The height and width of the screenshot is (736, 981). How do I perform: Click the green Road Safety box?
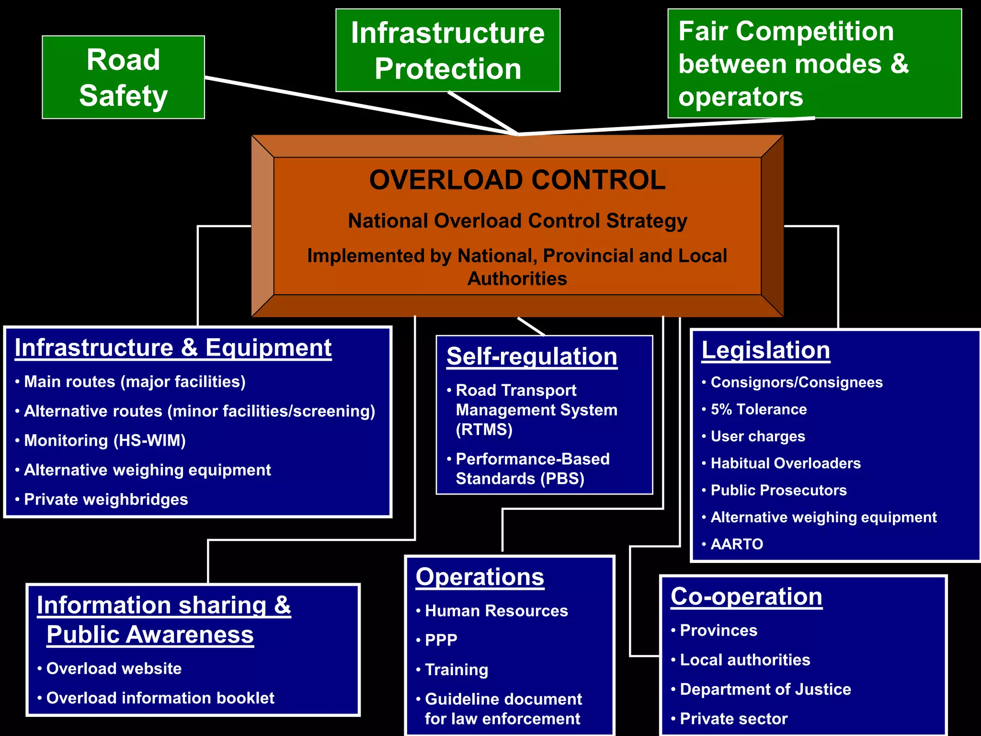click(123, 77)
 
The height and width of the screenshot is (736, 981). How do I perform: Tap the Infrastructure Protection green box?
click(447, 50)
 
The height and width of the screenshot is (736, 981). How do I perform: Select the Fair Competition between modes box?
click(814, 63)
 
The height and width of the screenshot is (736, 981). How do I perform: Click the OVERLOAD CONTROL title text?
click(517, 180)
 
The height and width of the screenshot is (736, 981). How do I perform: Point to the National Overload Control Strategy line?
click(517, 221)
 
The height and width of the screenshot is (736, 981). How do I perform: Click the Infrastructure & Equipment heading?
click(173, 348)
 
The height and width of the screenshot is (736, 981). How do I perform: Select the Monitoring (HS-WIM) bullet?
click(105, 440)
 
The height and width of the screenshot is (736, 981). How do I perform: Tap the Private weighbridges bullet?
click(106, 499)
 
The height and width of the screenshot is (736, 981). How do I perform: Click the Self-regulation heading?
click(532, 357)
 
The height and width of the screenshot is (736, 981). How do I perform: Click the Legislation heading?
click(765, 350)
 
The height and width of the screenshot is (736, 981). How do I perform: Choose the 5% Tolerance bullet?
click(758, 409)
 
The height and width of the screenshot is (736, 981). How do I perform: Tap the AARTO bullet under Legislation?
click(737, 544)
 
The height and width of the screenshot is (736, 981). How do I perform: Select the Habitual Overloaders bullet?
click(785, 463)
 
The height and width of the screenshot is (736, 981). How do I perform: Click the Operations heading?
click(479, 577)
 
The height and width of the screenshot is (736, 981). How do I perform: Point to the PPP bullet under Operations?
click(441, 640)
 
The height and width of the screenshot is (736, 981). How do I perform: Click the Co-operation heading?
click(746, 597)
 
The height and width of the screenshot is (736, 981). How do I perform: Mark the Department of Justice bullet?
click(765, 689)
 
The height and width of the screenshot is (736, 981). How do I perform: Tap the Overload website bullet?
click(114, 668)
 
